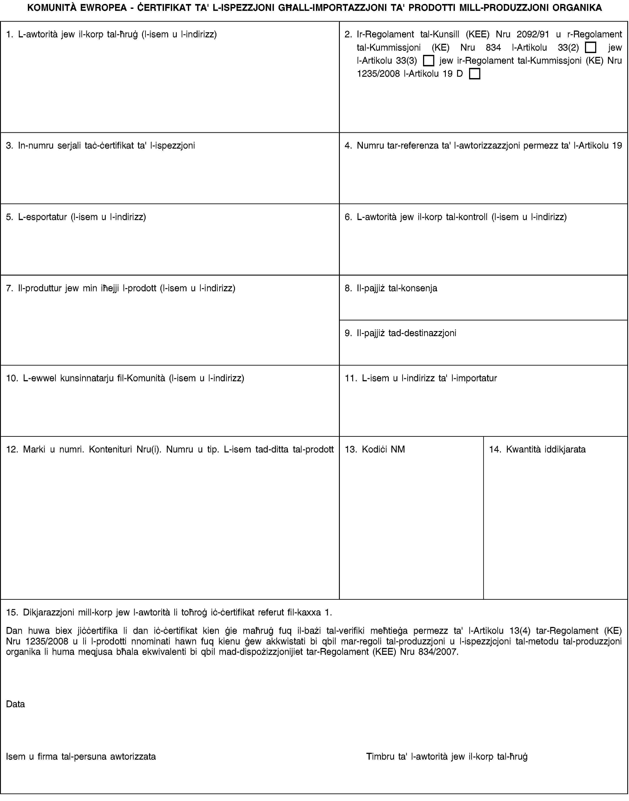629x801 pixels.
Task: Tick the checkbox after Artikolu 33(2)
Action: (x=590, y=48)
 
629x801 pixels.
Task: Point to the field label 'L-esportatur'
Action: (x=42, y=217)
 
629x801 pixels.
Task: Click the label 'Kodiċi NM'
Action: (x=383, y=449)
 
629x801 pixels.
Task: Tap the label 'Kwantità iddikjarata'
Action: (x=546, y=449)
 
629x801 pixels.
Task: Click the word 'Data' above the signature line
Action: (x=15, y=704)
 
